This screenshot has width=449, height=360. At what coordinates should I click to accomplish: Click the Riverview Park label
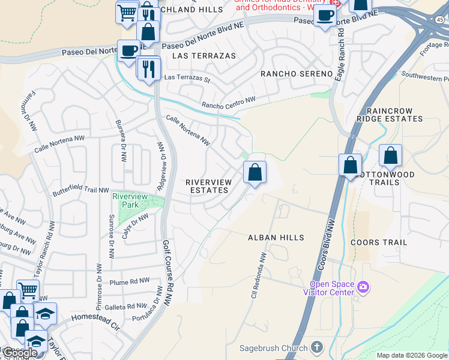point(130,200)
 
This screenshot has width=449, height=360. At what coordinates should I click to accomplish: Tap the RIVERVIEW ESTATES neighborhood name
point(207,186)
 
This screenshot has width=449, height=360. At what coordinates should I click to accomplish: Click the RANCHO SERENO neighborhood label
point(296,74)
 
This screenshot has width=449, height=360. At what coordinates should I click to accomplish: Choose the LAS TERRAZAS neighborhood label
point(204,56)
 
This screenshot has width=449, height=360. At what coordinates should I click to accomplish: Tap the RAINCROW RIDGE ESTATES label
point(390,115)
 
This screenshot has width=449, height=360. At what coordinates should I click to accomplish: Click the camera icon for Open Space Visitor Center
point(362,287)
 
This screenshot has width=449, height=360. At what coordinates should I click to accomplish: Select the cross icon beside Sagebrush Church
point(316,347)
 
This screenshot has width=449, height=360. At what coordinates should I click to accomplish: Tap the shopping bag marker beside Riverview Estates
point(255,172)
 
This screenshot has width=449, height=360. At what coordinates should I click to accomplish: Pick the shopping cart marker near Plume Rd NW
point(28,291)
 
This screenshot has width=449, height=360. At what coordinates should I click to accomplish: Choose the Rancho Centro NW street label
point(229,102)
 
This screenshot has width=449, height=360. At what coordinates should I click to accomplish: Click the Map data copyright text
point(412,355)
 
